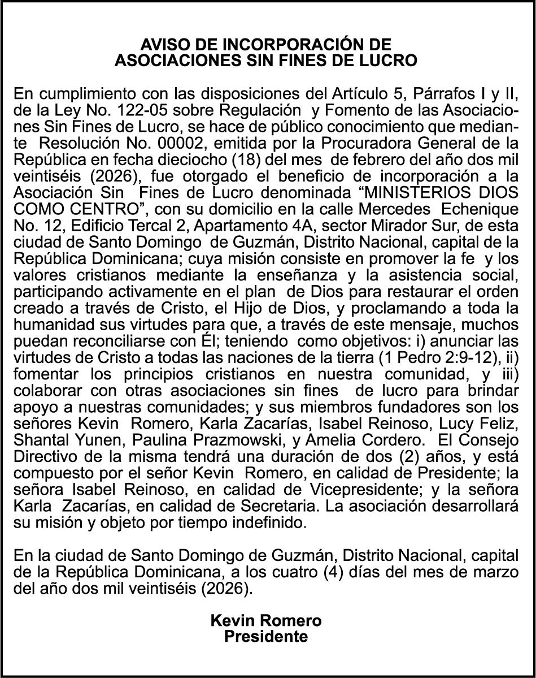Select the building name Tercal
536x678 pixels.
[136, 224]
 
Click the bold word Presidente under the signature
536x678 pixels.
[266, 637]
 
